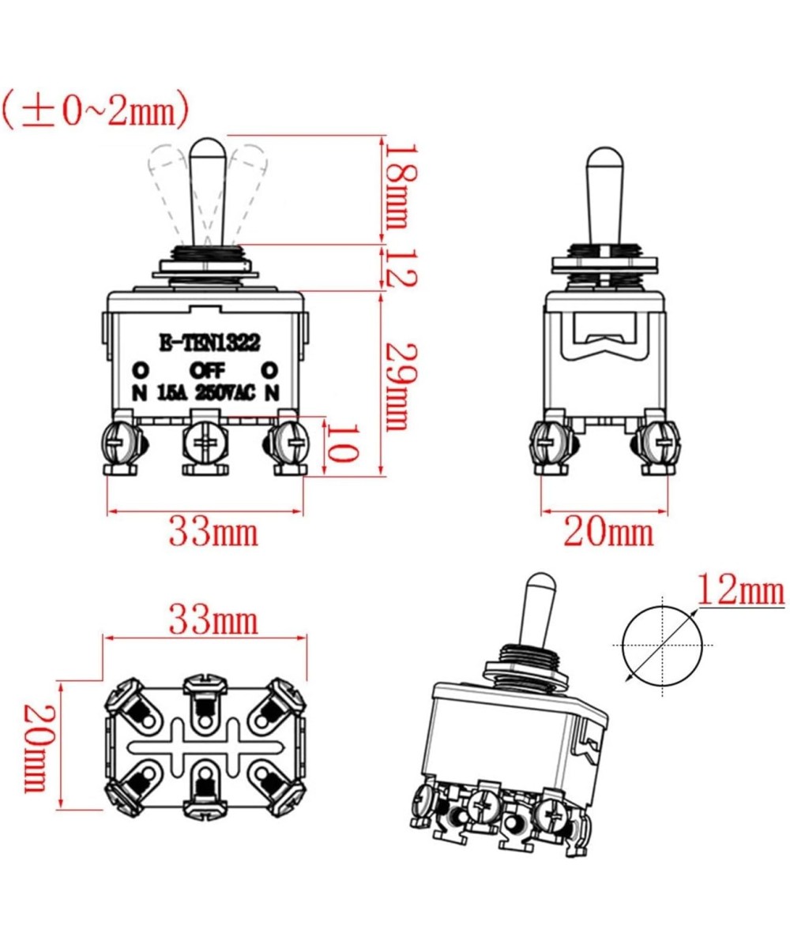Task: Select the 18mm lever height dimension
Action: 397,186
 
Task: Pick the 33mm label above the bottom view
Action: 213,621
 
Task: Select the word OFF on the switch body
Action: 207,369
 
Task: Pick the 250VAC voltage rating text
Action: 227,392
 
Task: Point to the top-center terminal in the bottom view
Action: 205,694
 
